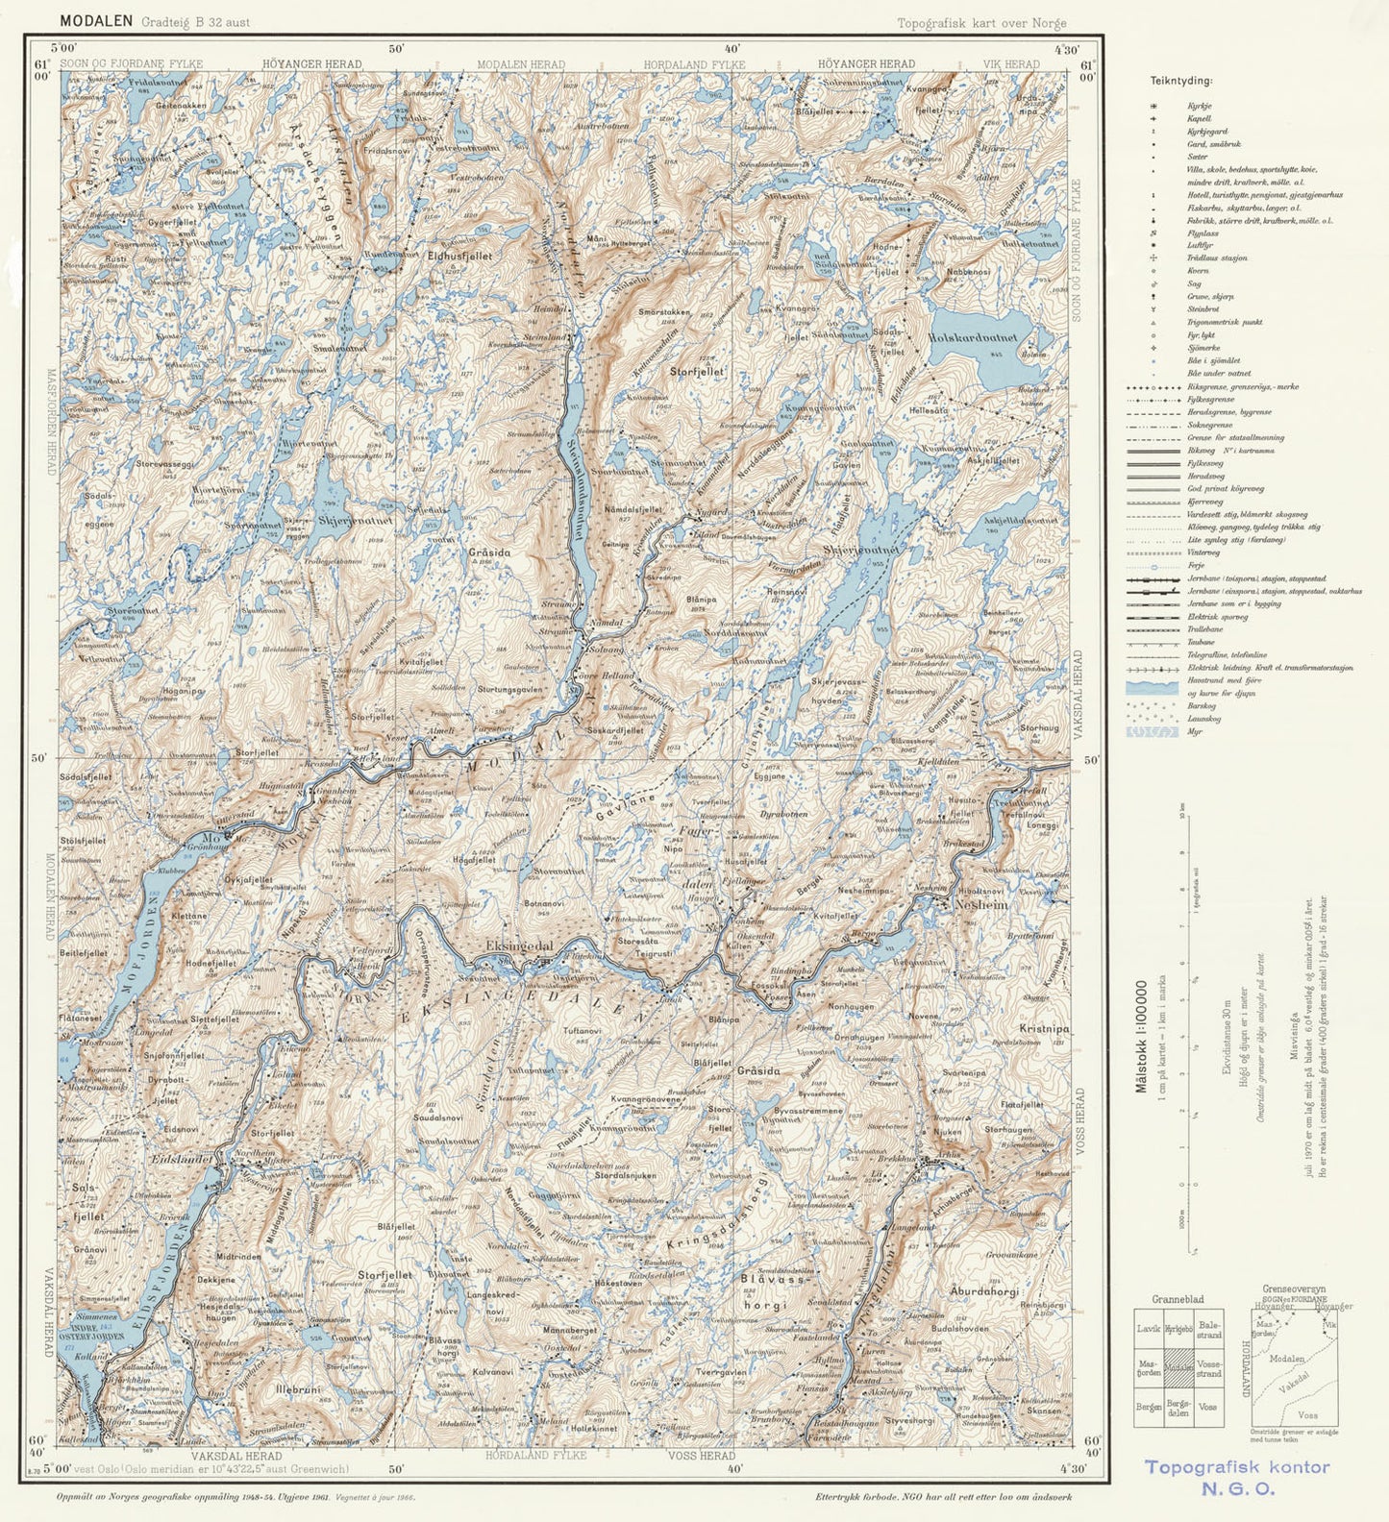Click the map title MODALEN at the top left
pos(96,20)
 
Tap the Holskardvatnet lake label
pos(980,338)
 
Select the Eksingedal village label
pos(520,945)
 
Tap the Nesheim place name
pos(980,904)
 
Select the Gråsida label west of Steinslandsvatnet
pos(489,553)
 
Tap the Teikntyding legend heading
pos(1180,82)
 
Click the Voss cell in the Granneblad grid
pos(1207,1407)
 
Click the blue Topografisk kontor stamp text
pos(1237,1467)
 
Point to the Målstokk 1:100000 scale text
pos(1142,1036)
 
